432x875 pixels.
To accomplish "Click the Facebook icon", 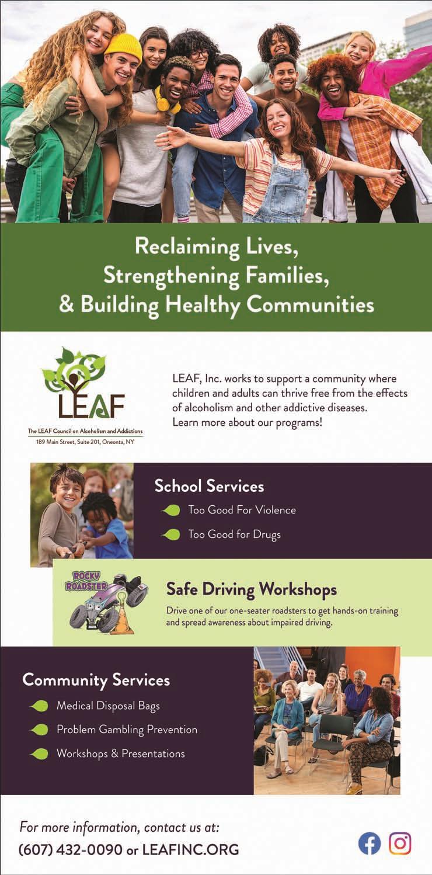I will (x=369, y=843).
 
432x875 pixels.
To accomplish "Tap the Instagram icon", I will (x=400, y=843).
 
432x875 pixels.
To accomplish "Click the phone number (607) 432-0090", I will (x=70, y=849).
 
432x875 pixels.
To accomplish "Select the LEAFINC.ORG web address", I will (x=190, y=849).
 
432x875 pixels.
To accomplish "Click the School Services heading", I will (x=209, y=485).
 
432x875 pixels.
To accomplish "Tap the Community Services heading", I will (x=96, y=680).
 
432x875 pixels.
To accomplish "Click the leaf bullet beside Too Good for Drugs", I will (x=171, y=534).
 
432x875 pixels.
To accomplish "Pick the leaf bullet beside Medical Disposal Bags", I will (x=39, y=706).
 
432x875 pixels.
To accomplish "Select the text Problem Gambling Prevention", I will (x=127, y=730).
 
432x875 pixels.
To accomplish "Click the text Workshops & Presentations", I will (x=120, y=754).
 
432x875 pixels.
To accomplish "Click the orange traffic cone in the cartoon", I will (x=121, y=621).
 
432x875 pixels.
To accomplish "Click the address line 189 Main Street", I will (x=85, y=442).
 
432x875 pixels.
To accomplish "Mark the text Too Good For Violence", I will (x=242, y=510).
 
